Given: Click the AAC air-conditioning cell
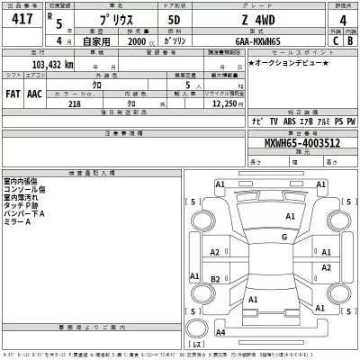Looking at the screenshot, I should coord(34,92).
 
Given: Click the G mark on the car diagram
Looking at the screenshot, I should coord(283,237).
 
